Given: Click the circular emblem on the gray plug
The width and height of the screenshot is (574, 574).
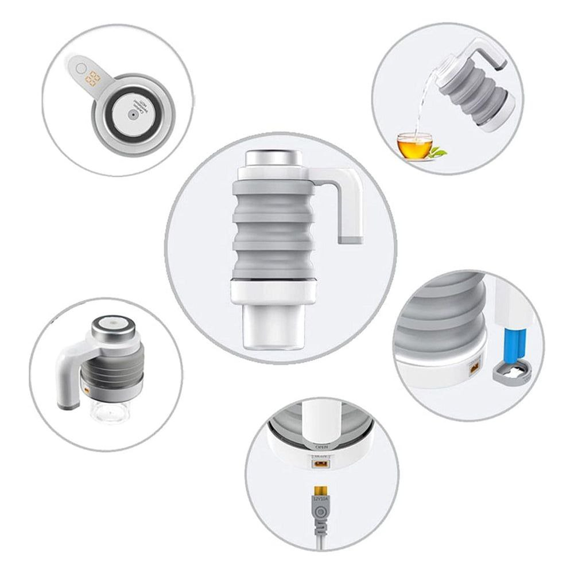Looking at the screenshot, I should [319, 512].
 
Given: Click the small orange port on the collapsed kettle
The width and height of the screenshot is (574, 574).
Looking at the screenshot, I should [86, 390].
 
